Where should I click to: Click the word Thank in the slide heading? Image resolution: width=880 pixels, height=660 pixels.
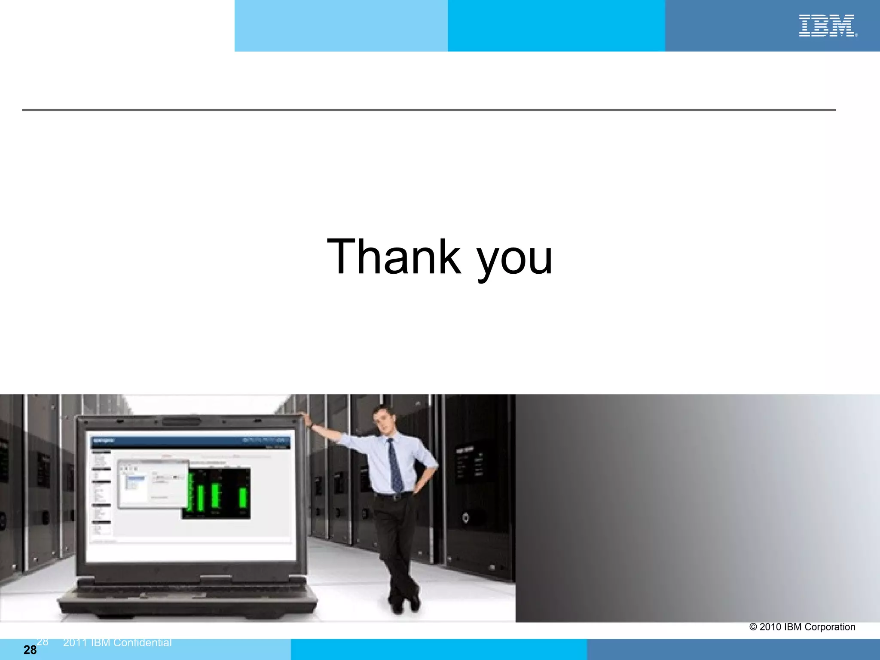pyautogui.click(x=394, y=257)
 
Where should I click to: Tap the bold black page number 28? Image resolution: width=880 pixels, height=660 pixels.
pyautogui.click(x=30, y=650)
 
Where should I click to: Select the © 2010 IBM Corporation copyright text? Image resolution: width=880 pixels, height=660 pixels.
pyautogui.click(x=802, y=627)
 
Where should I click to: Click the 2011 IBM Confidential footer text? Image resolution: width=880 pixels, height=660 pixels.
pyautogui.click(x=117, y=643)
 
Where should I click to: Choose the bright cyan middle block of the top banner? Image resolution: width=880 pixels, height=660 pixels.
pyautogui.click(x=556, y=26)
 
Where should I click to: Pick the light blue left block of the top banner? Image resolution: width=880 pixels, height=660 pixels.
pyautogui.click(x=341, y=26)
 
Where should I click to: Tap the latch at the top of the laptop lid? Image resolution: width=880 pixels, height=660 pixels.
pyautogui.click(x=180, y=420)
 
